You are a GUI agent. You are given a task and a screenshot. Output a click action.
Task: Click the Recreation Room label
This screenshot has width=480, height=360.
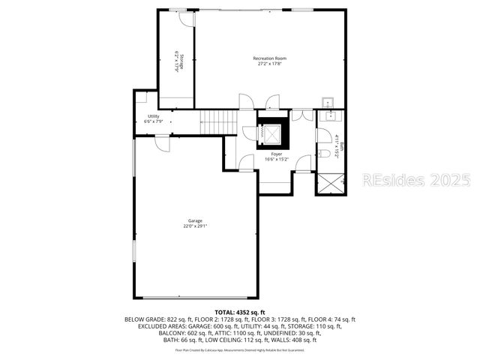[269, 58]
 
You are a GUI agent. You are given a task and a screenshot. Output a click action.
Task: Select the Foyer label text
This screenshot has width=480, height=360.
[277, 154]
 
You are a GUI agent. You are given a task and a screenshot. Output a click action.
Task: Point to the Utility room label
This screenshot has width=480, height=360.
[153, 116]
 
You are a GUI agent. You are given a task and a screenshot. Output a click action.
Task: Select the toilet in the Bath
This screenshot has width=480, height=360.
[325, 154]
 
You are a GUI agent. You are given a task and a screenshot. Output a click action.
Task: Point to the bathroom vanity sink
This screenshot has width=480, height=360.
[328, 117]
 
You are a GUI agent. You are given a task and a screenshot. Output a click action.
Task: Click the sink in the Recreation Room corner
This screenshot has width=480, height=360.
[328, 102]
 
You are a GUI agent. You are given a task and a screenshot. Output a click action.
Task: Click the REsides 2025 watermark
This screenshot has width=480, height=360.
[416, 180]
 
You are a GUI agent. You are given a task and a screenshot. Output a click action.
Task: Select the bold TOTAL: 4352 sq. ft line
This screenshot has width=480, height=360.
[240, 311]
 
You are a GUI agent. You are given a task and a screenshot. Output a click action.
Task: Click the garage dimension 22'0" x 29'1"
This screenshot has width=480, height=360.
[195, 226]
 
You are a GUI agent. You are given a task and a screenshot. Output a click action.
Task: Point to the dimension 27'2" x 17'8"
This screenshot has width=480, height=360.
[269, 64]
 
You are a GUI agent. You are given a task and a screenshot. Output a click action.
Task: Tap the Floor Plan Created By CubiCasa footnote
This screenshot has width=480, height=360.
[240, 349]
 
